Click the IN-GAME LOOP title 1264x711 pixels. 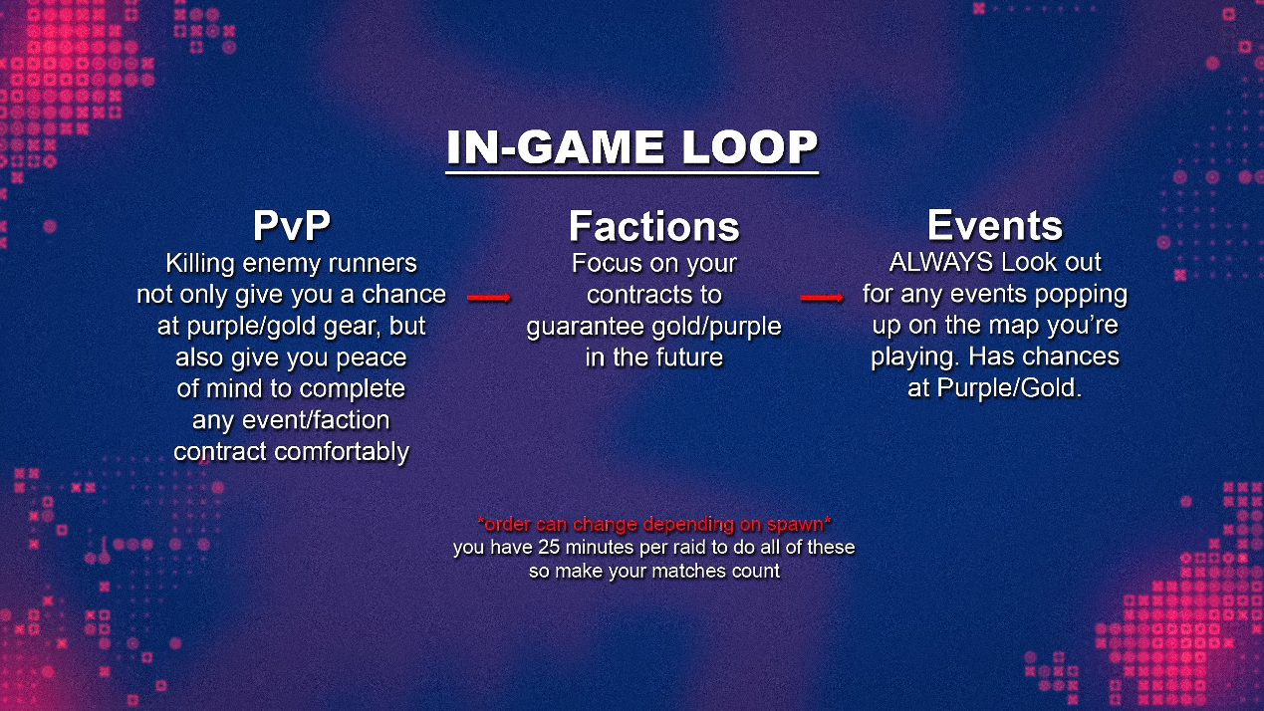632,147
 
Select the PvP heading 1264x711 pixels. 291,226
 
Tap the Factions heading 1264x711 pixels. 654,226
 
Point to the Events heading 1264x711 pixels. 995,226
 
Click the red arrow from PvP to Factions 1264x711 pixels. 489,298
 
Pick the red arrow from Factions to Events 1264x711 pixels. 822,298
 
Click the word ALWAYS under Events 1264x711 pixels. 941,263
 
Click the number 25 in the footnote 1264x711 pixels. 549,548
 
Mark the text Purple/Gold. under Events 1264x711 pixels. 1010,388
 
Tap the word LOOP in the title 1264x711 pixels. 750,147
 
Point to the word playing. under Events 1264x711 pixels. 915,357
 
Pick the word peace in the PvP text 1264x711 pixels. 372,358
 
